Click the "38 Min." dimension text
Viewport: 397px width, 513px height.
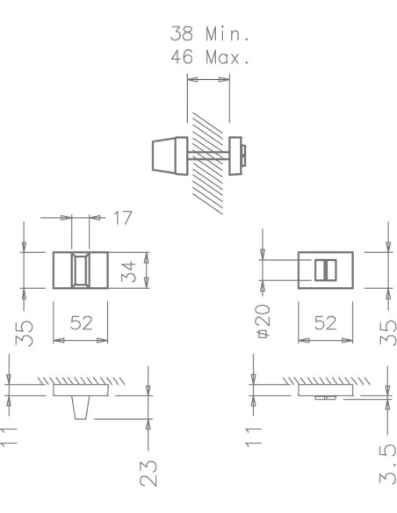[211, 36]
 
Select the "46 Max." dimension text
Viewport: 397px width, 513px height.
[211, 59]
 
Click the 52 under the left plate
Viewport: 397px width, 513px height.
[81, 323]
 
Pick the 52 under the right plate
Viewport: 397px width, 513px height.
[325, 323]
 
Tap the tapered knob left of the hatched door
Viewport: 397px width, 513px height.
[168, 155]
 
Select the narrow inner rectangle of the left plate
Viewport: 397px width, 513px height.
[79, 271]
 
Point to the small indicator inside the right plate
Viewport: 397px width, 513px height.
[325, 270]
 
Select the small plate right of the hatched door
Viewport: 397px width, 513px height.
[236, 154]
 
